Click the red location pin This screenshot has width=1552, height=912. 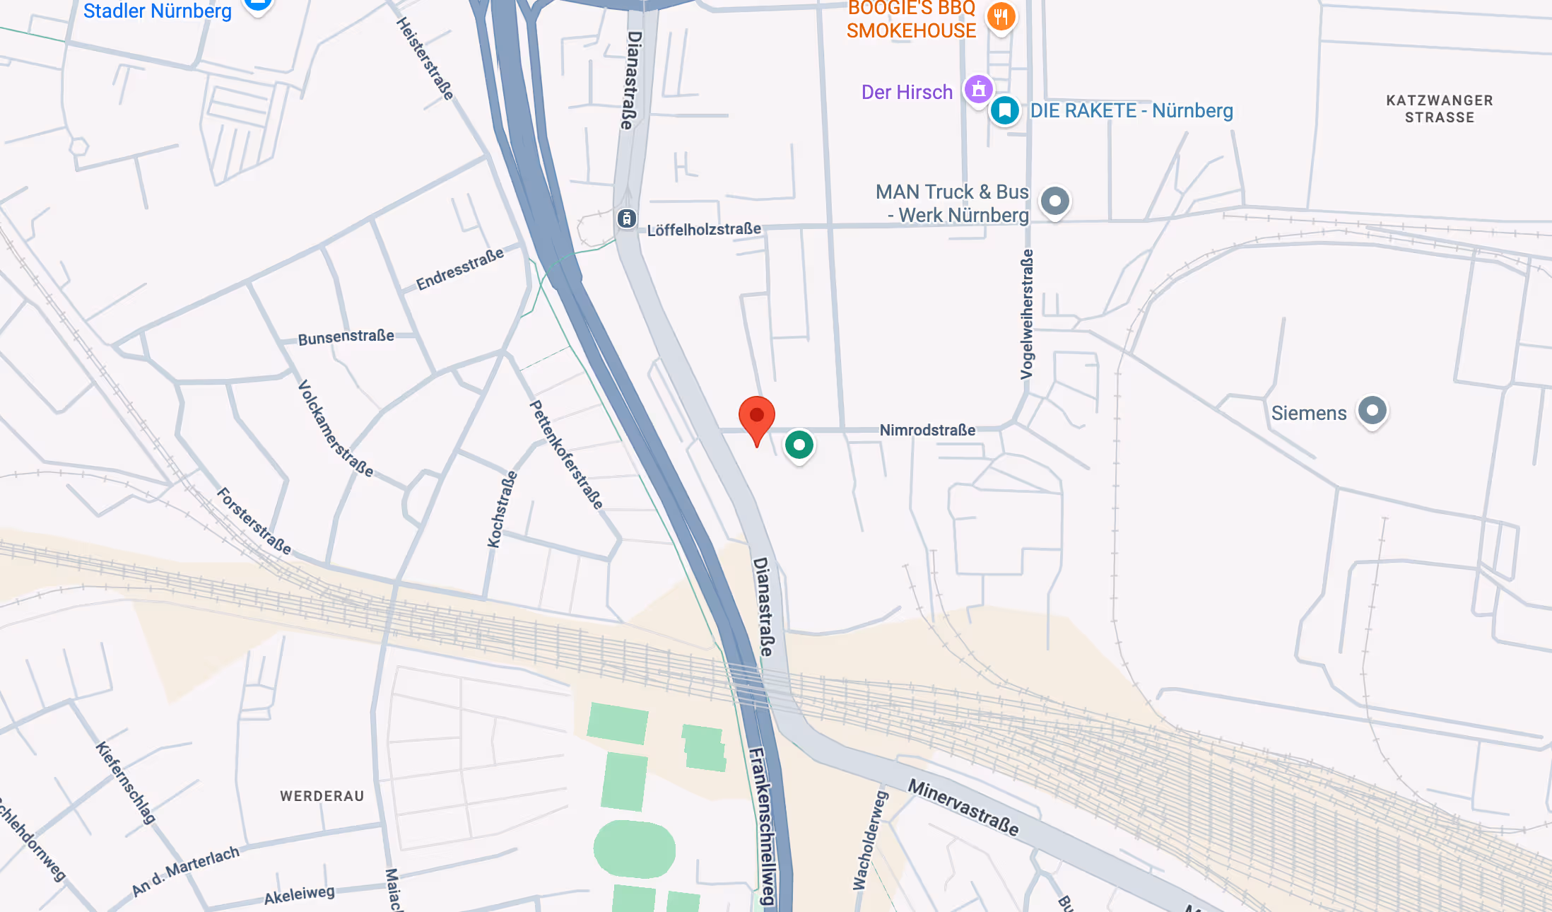tap(756, 417)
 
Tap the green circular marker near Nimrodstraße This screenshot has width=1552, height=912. tap(799, 445)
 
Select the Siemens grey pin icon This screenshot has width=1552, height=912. tap(1372, 410)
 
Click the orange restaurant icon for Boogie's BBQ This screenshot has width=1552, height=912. tap(1000, 16)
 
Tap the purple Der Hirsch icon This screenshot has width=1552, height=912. tap(979, 89)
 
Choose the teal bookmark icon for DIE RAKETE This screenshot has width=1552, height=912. tap(1004, 110)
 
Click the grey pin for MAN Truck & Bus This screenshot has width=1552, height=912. tap(1054, 201)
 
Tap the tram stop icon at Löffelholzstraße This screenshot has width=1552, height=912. tap(627, 218)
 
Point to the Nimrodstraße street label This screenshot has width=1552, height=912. tap(927, 430)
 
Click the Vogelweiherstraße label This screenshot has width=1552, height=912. tap(1027, 314)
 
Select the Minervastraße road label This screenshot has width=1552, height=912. tap(963, 807)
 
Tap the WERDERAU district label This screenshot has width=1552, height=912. tap(322, 796)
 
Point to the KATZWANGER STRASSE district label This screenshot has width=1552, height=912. tap(1440, 109)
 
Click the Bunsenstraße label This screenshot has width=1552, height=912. tap(346, 337)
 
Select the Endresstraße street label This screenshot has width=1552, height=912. tap(460, 269)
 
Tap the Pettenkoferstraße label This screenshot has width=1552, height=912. tap(567, 455)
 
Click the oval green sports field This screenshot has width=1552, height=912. tap(634, 848)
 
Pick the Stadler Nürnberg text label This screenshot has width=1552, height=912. tap(157, 11)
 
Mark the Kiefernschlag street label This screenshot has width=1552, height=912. tap(126, 782)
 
